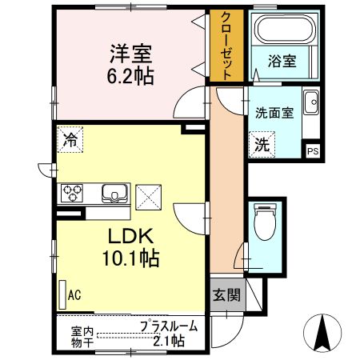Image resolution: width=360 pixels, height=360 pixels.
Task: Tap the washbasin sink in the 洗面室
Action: [311, 103]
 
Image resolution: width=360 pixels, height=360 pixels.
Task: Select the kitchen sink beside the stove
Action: [114, 194]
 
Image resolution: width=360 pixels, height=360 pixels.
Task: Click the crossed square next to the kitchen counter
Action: [147, 194]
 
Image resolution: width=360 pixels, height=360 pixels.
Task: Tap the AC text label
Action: [74, 295]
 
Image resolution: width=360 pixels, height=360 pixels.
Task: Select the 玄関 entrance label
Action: [226, 294]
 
